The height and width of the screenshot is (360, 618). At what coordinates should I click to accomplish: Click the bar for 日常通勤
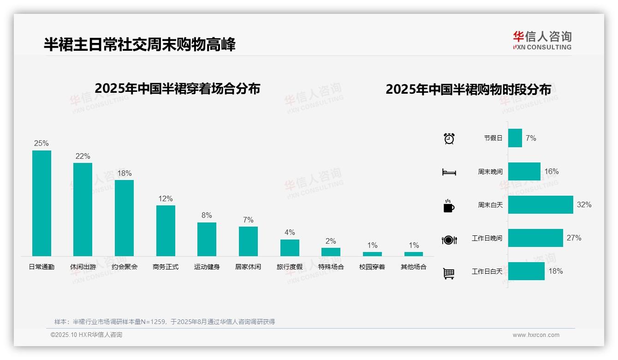[x=42, y=203]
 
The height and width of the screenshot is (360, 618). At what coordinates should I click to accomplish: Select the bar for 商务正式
[x=166, y=230]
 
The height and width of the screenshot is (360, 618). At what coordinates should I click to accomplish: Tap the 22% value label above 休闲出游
[x=83, y=156]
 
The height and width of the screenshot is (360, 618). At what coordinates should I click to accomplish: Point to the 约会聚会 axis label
[x=125, y=267]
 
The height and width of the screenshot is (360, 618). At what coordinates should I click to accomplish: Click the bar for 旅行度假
[x=290, y=247]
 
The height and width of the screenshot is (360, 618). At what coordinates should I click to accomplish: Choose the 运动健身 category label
[x=207, y=267]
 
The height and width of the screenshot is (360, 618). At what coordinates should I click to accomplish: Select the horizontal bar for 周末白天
[x=541, y=204]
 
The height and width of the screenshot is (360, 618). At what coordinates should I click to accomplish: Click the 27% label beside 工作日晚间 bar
[x=574, y=238]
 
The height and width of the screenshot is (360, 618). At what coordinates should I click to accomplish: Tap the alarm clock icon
[x=449, y=138]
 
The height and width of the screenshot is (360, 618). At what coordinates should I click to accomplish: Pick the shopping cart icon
[x=449, y=273]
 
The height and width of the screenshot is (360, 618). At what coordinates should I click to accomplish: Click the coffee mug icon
[x=449, y=206]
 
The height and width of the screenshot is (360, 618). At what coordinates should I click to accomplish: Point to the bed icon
[x=449, y=172]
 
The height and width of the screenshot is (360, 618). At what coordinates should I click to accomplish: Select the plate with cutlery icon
[x=449, y=240]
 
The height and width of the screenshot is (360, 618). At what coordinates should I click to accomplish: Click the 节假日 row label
[x=493, y=138]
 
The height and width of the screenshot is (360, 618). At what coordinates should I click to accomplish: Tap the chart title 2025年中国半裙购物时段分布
[x=468, y=90]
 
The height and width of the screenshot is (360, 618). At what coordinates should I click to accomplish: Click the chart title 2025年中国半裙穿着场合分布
[x=178, y=88]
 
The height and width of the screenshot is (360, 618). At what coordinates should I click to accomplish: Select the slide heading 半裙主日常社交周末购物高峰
[x=140, y=44]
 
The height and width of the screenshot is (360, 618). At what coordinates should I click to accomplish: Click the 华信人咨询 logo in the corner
[x=542, y=41]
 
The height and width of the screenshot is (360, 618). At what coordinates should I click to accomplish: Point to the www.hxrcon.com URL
[x=536, y=335]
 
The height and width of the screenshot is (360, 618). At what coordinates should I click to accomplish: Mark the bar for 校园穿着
[x=372, y=254]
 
